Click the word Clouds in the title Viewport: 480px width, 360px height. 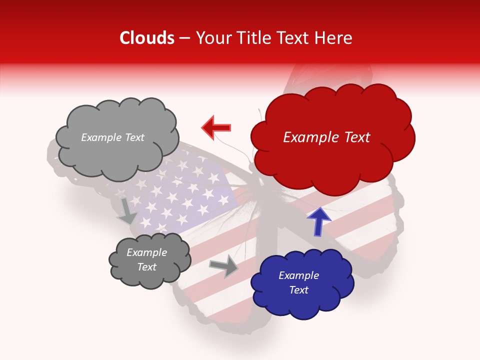pos(146,38)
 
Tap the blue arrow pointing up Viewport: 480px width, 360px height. pos(318,221)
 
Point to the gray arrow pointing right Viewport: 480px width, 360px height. pos(225,266)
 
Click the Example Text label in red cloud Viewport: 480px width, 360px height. pos(326,137)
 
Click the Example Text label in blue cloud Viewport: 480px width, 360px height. pos(298,282)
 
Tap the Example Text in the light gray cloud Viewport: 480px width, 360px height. pos(112,137)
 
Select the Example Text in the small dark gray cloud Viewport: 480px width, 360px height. pos(146,260)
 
